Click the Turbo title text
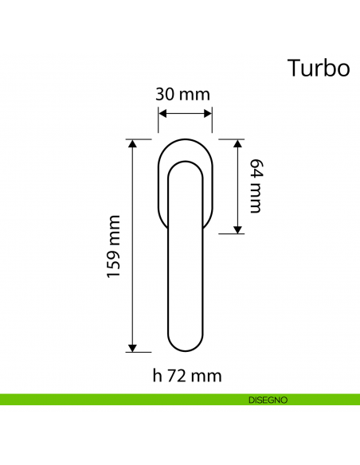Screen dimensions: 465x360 (x=318, y=68)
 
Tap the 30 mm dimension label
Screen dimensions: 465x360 (x=183, y=95)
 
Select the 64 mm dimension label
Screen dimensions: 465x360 (x=254, y=186)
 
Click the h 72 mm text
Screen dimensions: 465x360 (x=186, y=375)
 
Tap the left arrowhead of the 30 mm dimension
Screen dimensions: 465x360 (x=162, y=112)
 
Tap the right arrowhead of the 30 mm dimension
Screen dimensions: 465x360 (x=209, y=112)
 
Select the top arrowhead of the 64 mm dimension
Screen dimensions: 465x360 (x=237, y=143)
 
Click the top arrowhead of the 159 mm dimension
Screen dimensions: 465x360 (x=132, y=144)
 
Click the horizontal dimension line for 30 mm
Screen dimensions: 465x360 (x=186, y=112)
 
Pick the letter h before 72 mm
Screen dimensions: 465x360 (x=157, y=375)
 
